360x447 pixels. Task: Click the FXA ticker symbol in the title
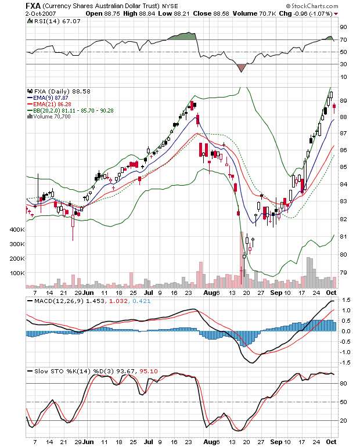tap(33, 6)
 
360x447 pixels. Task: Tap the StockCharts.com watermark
tap(312, 6)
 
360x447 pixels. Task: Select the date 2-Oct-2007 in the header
tap(41, 13)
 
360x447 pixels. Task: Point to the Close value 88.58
tap(221, 13)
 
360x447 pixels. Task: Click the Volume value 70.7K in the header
tap(268, 13)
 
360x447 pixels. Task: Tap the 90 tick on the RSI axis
tap(344, 27)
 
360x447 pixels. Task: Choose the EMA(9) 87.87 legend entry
tap(51, 98)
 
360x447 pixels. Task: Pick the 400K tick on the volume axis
tap(17, 229)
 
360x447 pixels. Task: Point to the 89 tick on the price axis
tap(343, 100)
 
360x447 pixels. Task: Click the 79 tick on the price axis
tap(343, 272)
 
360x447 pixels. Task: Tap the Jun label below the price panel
tap(88, 293)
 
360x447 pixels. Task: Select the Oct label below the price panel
tap(331, 293)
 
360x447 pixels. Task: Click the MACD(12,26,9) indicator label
tap(59, 301)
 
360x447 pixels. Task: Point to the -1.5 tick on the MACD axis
tap(344, 363)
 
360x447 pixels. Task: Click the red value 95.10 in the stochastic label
tap(149, 371)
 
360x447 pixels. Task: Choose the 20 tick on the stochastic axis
tap(344, 420)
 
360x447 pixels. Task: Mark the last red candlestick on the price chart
tap(334, 106)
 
